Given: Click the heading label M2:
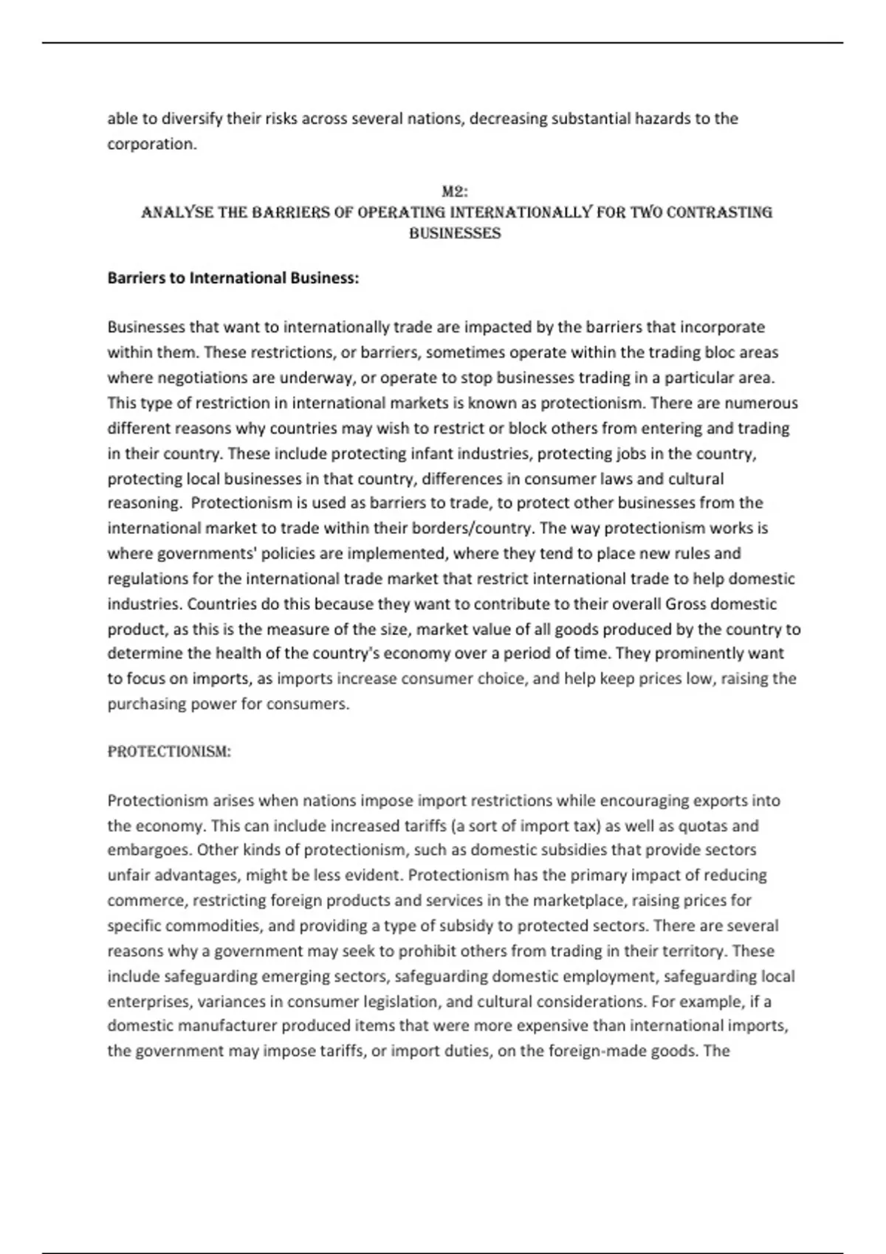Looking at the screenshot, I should pos(455,192).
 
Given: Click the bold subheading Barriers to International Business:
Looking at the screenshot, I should pos(233,278).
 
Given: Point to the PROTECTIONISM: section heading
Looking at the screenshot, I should pos(169,752).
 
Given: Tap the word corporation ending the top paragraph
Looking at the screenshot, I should pos(151,144).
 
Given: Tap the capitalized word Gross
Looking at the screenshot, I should pos(686,604).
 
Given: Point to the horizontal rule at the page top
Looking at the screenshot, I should pos(443,43).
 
